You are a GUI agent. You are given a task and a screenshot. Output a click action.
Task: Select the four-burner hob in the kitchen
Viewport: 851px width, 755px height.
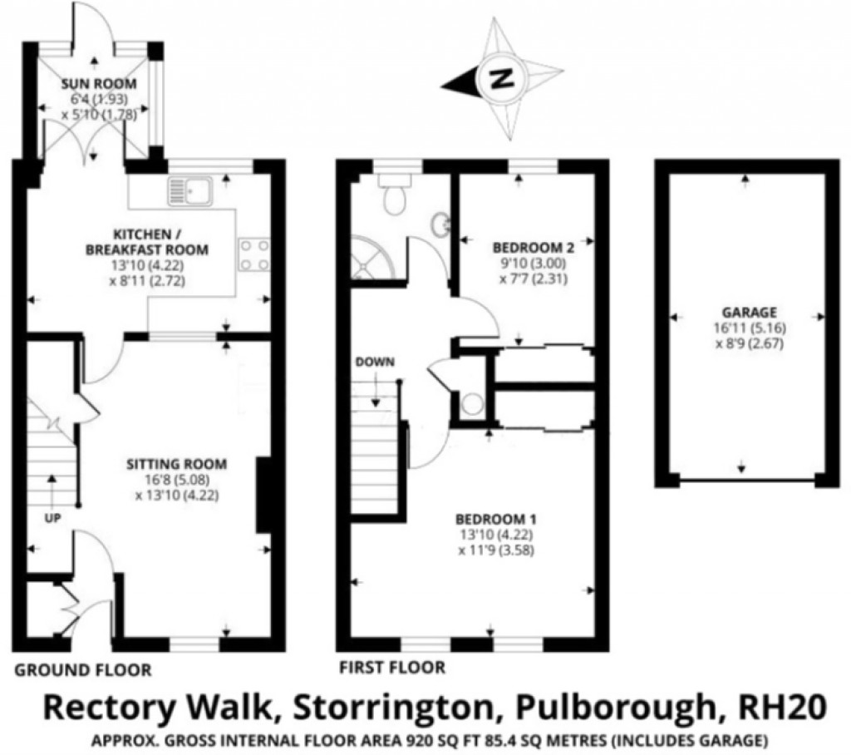pyautogui.click(x=253, y=254)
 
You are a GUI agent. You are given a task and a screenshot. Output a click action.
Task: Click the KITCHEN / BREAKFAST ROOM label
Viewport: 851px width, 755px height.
pyautogui.click(x=150, y=242)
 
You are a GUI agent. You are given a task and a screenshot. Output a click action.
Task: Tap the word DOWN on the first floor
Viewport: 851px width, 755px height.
pyautogui.click(x=375, y=362)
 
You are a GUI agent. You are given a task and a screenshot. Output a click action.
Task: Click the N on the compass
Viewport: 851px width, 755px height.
pyautogui.click(x=501, y=80)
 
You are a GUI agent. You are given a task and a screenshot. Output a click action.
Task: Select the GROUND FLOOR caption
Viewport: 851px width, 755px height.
pyautogui.click(x=83, y=669)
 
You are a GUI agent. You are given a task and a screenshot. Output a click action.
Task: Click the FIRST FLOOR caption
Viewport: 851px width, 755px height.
pyautogui.click(x=391, y=667)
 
